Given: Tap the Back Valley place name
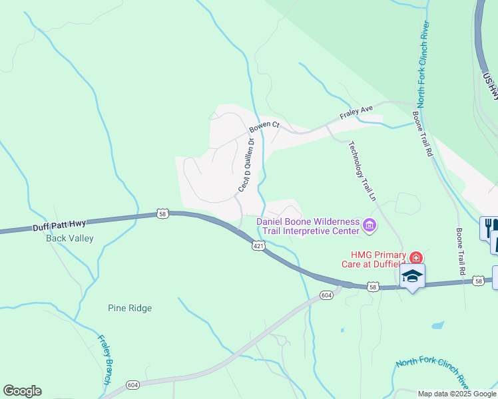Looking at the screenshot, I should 70,238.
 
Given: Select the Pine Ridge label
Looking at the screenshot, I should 130,308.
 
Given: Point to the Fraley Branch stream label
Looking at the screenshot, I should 105,360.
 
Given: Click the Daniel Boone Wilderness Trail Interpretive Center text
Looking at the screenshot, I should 308,226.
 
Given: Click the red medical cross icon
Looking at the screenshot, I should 416,257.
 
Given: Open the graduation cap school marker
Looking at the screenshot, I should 412,276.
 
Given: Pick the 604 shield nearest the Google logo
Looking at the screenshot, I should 132,385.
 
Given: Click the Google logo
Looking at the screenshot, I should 22,391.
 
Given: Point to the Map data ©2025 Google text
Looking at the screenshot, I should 457,394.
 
